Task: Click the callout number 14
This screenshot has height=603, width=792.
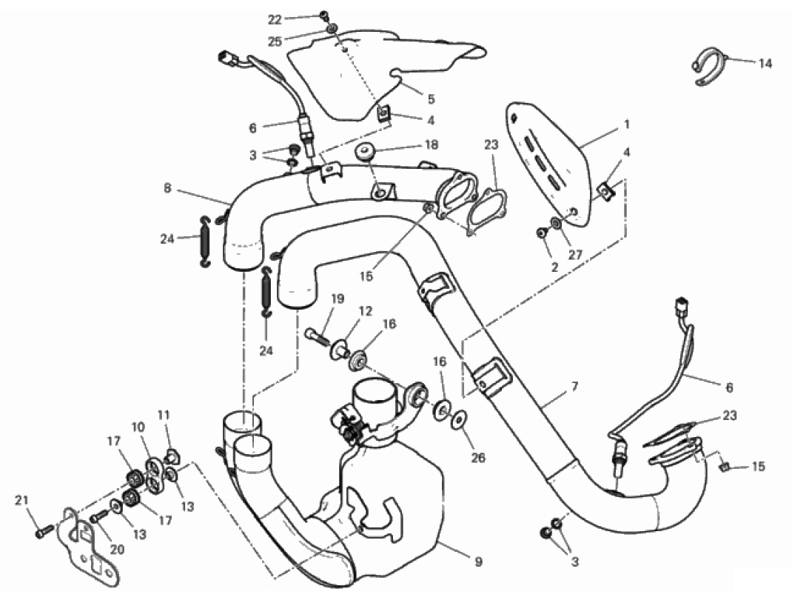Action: point(765,64)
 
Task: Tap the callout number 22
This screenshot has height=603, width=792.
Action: point(275,20)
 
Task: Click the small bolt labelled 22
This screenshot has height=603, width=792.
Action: point(324,17)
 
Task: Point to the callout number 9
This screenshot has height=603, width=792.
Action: point(479,561)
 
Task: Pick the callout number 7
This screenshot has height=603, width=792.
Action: point(574,387)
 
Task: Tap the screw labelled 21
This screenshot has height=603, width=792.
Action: point(44,531)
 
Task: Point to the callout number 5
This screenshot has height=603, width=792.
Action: point(430,99)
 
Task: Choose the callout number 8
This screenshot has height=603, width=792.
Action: point(168,188)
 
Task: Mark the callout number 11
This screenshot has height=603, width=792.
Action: point(164,416)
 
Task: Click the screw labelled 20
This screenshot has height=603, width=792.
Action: point(99,516)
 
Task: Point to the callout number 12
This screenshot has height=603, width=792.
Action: point(366,311)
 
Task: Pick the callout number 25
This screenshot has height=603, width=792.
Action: point(275,41)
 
